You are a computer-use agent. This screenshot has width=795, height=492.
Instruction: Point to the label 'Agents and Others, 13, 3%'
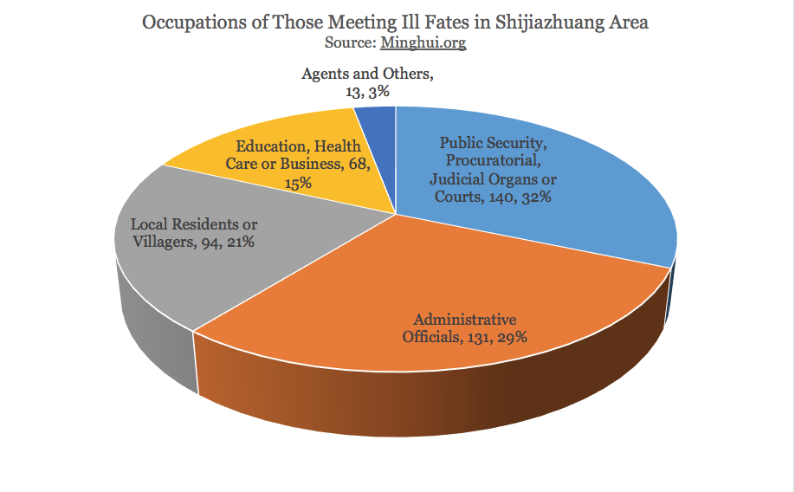tap(367, 82)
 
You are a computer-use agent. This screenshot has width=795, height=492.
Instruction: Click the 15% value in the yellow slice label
tap(294, 184)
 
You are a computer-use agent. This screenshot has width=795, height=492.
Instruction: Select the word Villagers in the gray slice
tap(160, 243)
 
